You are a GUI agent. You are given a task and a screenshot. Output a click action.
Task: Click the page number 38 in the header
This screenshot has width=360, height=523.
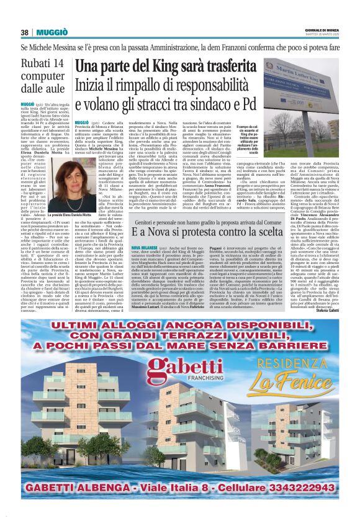[x=25, y=32]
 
